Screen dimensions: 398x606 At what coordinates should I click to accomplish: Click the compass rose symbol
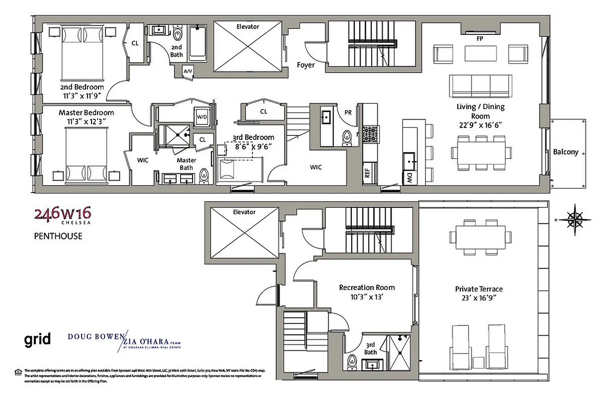(x=575, y=218)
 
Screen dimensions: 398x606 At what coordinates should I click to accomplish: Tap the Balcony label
(x=566, y=152)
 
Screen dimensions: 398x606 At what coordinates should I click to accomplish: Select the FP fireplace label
(x=480, y=38)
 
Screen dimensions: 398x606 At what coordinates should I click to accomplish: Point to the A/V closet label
(x=188, y=72)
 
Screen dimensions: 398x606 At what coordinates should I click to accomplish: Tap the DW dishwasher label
(x=408, y=177)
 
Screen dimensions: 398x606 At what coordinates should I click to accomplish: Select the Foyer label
(x=305, y=65)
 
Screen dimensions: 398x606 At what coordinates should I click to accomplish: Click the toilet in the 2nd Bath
(x=178, y=35)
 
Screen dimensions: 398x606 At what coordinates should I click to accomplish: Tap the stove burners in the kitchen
(x=370, y=133)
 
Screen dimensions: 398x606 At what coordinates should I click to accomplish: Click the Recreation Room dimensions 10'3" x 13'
(x=367, y=297)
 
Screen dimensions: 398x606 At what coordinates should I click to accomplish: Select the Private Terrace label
(x=479, y=289)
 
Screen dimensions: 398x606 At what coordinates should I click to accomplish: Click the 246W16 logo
(x=62, y=214)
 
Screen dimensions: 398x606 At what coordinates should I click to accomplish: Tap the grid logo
(x=38, y=340)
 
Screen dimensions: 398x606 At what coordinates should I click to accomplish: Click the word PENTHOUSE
(x=58, y=236)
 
